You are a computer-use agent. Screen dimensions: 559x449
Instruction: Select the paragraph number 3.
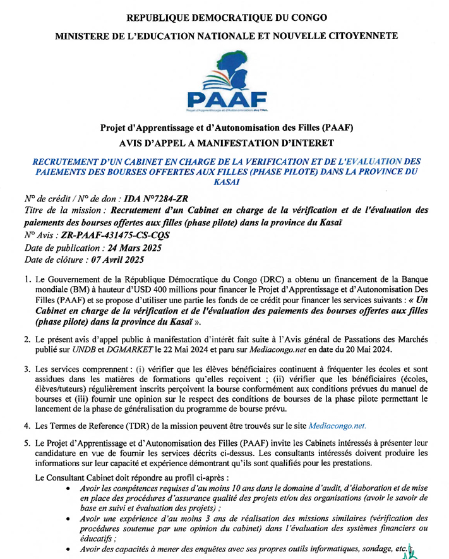pyautogui.click(x=27, y=368)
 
